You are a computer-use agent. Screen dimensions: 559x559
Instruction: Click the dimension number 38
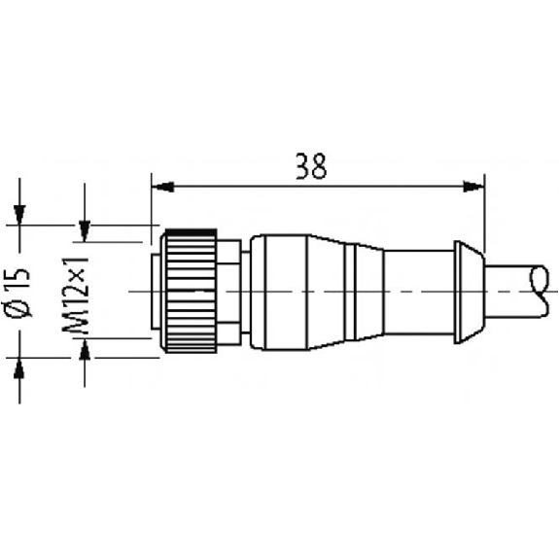(x=311, y=166)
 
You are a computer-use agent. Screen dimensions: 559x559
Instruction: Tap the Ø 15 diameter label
(x=17, y=293)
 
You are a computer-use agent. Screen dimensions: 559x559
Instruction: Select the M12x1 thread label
(x=75, y=295)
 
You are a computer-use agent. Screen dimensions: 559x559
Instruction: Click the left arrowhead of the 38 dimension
(x=162, y=187)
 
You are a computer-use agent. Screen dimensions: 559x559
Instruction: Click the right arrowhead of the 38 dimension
(x=473, y=187)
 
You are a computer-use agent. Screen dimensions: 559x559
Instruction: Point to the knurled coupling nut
(x=191, y=292)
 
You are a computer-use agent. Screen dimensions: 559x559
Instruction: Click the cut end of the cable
(x=540, y=291)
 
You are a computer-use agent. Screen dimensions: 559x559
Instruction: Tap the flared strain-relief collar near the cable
(x=470, y=292)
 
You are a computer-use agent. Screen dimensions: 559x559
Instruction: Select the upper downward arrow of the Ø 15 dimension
(x=19, y=215)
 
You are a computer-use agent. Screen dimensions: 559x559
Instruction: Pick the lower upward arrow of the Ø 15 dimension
(x=19, y=367)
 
